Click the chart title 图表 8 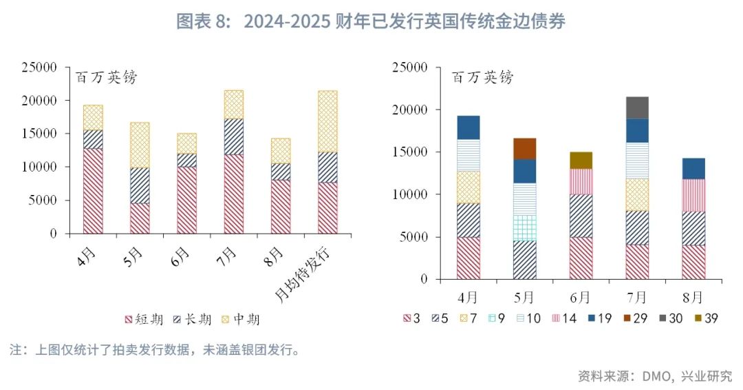[371, 21]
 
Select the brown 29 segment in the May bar [524, 148]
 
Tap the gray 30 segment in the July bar [637, 107]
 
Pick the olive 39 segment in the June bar [581, 160]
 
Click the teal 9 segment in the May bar [524, 227]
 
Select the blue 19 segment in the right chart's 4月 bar [468, 127]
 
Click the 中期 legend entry [241, 319]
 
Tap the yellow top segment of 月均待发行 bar [327, 121]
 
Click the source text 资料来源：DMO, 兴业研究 [654, 376]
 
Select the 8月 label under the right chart [693, 297]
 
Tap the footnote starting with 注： [155, 350]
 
